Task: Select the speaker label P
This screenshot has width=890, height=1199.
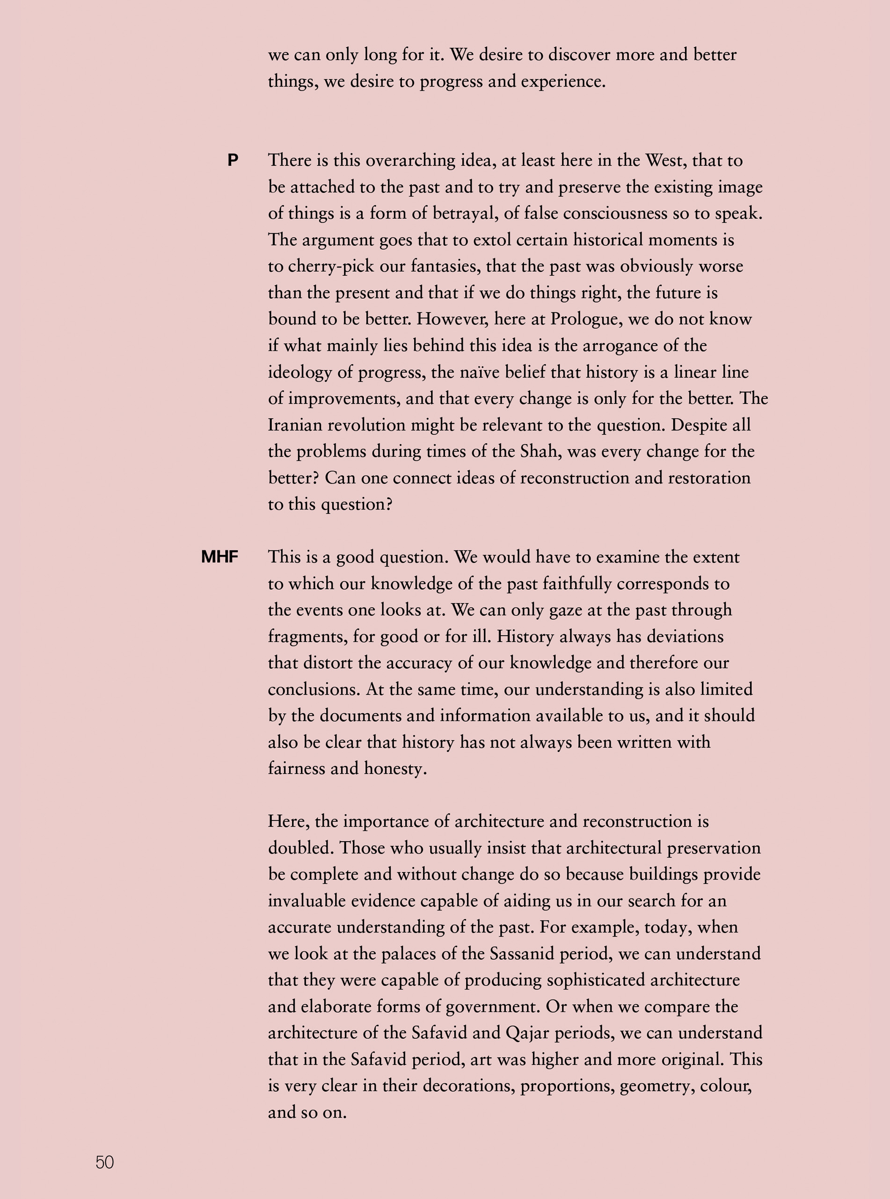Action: point(233,160)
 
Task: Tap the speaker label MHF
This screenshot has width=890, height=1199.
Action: point(219,557)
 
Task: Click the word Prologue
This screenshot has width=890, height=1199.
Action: point(584,319)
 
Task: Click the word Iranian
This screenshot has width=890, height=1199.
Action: point(295,425)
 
